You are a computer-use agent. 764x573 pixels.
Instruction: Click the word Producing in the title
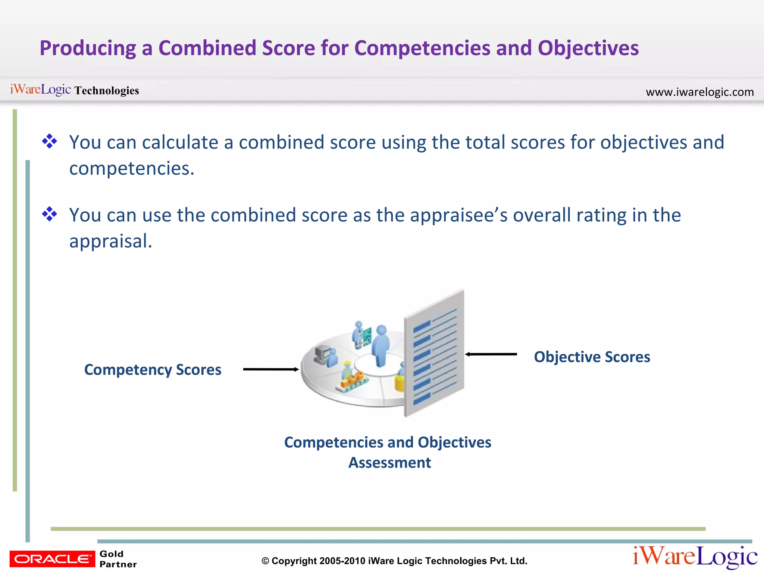click(88, 48)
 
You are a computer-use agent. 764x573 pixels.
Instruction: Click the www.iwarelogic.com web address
click(699, 92)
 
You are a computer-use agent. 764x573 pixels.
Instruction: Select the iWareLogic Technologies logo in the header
click(74, 90)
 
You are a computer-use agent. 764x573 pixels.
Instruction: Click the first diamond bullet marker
click(49, 142)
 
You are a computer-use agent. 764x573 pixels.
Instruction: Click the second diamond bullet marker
click(49, 215)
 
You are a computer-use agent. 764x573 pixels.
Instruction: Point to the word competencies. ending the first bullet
click(132, 169)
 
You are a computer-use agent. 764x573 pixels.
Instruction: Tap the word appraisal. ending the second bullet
click(111, 241)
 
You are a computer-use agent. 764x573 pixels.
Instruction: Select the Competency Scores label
click(153, 370)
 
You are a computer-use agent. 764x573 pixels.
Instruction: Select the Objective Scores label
click(592, 357)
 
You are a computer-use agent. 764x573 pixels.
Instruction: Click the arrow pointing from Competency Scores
click(270, 369)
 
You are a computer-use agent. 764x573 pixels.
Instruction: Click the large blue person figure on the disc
click(381, 345)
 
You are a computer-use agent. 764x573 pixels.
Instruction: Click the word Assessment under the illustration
click(389, 463)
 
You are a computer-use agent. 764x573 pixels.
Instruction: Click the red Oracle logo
click(52, 559)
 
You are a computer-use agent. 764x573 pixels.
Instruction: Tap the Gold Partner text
click(118, 559)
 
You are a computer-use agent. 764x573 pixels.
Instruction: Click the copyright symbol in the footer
click(265, 561)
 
